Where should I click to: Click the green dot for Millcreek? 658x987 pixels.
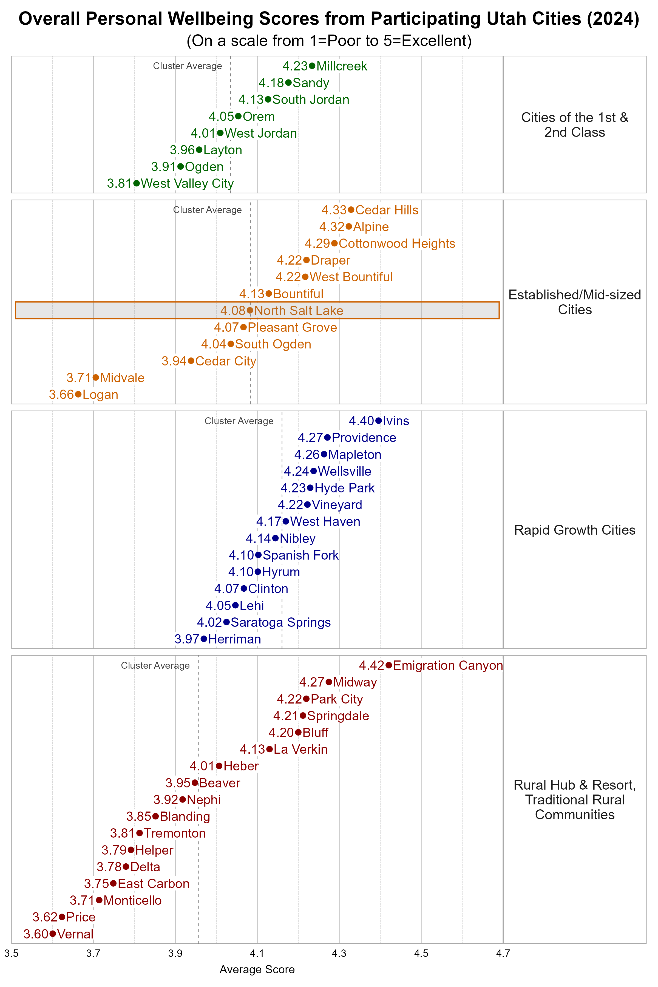pyautogui.click(x=312, y=66)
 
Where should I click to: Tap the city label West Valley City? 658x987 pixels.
pyautogui.click(x=187, y=183)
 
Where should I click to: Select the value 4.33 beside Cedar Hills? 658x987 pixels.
pyautogui.click(x=334, y=210)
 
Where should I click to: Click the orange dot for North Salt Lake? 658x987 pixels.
pyautogui.click(x=250, y=311)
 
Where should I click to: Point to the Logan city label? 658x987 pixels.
pyautogui.click(x=100, y=395)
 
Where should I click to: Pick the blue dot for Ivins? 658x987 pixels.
pyautogui.click(x=379, y=421)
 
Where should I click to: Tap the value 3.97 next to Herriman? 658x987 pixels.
pyautogui.click(x=187, y=639)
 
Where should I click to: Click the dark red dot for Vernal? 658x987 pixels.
pyautogui.click(x=52, y=934)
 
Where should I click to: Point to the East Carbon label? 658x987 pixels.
pyautogui.click(x=154, y=883)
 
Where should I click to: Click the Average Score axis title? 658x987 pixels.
pyautogui.click(x=257, y=969)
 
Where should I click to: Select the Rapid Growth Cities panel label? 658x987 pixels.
pyautogui.click(x=574, y=530)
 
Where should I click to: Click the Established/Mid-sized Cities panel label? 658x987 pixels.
pyautogui.click(x=574, y=302)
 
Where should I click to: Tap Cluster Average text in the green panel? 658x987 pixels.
pyautogui.click(x=187, y=66)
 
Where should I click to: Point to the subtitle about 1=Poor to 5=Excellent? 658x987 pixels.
pyautogui.click(x=329, y=41)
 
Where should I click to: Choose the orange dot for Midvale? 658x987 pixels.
pyautogui.click(x=96, y=378)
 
